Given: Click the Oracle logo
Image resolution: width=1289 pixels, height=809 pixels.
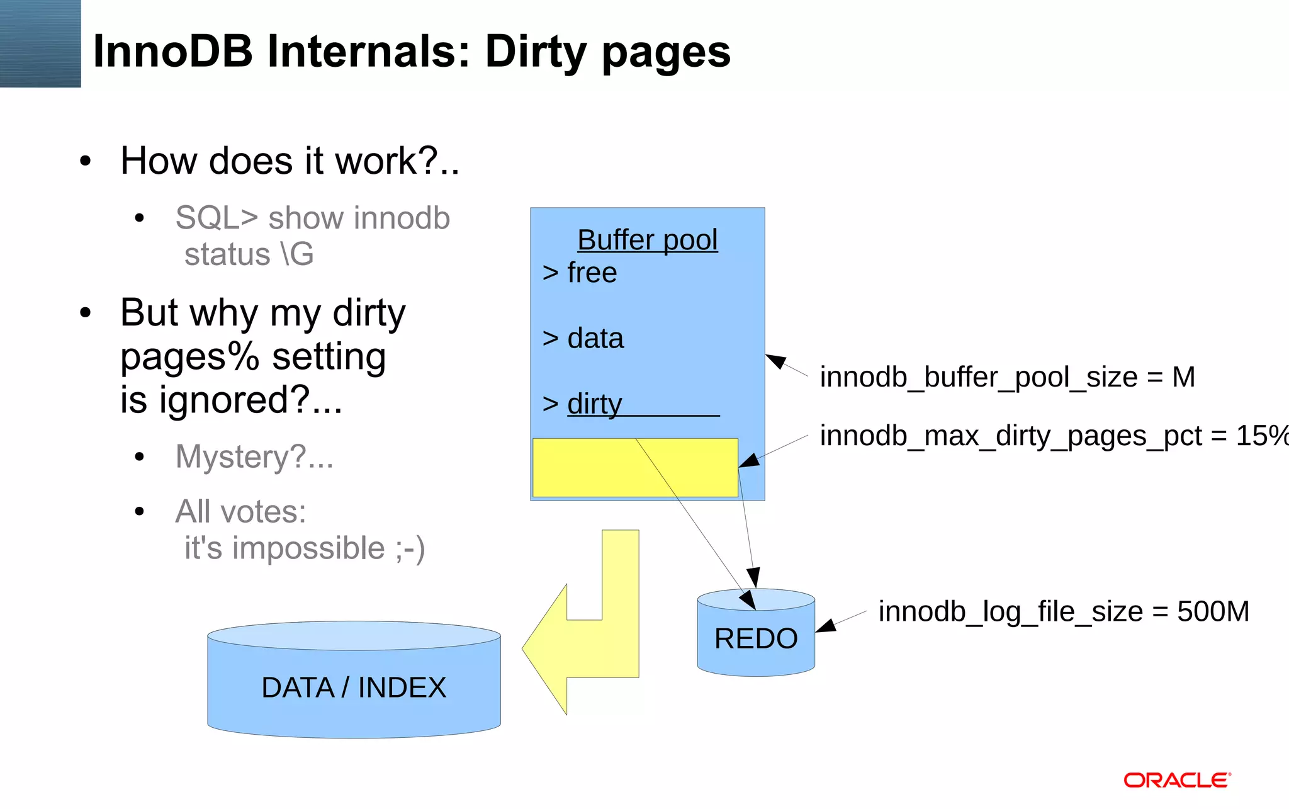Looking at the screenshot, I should (x=1177, y=781).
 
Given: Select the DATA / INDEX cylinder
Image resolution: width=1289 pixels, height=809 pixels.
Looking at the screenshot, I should (x=354, y=687).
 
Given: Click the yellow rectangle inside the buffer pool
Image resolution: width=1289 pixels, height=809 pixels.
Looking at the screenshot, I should (x=585, y=467).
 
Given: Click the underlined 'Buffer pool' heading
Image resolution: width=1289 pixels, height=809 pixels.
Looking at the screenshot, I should (x=647, y=240).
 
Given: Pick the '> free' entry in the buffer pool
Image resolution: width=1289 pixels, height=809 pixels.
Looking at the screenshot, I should (x=580, y=273).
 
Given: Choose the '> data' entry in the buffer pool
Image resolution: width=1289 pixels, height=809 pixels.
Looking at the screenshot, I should (x=583, y=339).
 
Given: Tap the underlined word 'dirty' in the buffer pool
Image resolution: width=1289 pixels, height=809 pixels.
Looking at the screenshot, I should (x=594, y=404).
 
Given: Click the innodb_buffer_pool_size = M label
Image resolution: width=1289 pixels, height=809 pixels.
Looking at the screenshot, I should (x=1007, y=378).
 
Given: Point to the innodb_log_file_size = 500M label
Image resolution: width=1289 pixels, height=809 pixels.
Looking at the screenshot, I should (x=1064, y=611).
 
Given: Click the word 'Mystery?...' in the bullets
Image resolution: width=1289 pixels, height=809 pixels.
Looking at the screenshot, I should (x=254, y=456).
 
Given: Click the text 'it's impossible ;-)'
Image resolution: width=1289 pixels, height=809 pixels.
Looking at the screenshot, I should (x=305, y=548).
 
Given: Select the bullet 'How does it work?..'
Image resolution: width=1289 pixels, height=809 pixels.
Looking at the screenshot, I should (x=290, y=161).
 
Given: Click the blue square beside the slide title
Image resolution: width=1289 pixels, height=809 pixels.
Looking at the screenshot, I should (x=40, y=43).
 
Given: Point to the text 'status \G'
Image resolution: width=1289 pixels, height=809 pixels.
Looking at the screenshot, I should (x=249, y=254).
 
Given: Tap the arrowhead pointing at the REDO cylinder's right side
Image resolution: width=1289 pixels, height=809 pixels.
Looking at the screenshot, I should (x=825, y=626).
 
